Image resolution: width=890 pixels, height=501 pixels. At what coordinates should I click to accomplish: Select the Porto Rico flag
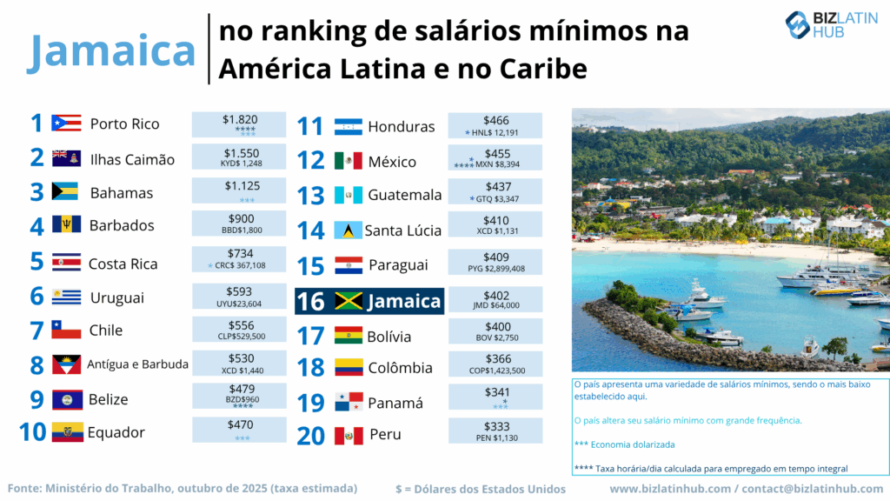(67, 124)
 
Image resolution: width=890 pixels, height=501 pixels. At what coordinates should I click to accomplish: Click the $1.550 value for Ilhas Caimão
(239, 152)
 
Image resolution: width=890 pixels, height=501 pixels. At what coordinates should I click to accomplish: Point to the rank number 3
(37, 192)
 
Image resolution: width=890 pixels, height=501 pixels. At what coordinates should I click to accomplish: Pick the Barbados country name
(122, 225)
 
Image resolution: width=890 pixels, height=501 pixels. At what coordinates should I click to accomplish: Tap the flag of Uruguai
(67, 297)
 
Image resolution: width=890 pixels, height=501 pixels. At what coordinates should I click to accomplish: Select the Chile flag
(67, 331)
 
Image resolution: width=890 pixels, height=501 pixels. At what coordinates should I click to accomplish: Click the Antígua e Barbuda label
(137, 364)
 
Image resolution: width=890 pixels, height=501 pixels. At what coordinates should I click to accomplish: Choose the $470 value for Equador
(239, 426)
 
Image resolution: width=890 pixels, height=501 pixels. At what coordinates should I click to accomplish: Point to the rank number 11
(309, 127)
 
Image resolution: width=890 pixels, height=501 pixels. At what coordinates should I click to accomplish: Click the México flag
(348, 161)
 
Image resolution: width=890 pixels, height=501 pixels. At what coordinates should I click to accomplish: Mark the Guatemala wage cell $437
(495, 187)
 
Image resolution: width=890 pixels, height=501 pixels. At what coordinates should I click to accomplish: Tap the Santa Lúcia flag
(348, 230)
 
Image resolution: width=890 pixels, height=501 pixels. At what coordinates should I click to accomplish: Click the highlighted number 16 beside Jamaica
(310, 301)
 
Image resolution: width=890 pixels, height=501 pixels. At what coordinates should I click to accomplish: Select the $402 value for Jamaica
(495, 295)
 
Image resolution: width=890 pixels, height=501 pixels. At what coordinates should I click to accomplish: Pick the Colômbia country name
(400, 367)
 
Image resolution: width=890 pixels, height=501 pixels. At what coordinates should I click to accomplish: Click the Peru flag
(348, 435)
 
